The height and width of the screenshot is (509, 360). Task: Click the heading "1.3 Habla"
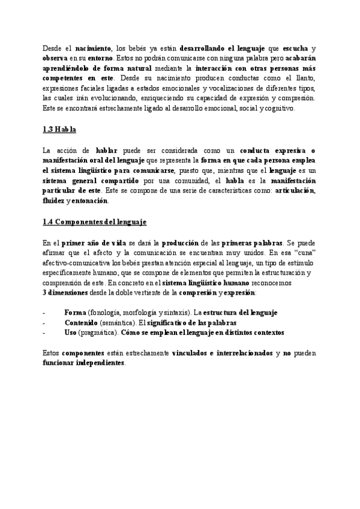(x=59, y=130)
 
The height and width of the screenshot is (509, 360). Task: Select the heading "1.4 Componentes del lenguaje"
(x=95, y=221)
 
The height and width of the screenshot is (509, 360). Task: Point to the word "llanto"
(x=304, y=78)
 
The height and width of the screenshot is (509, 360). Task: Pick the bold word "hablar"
(x=106, y=150)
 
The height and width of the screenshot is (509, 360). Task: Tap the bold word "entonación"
(x=90, y=201)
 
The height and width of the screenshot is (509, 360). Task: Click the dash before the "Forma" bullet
(x=44, y=313)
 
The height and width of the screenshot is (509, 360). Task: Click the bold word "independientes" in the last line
(x=98, y=363)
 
